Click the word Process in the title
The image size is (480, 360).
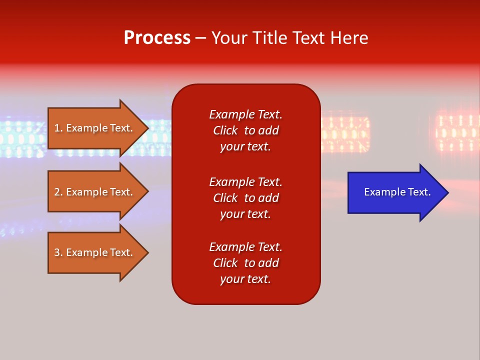click(157, 38)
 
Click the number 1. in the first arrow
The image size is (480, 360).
click(58, 128)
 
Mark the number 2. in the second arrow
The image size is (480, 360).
click(58, 192)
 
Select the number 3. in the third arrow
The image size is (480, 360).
click(58, 252)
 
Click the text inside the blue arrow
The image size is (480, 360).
click(397, 192)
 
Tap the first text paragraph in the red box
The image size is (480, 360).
click(245, 130)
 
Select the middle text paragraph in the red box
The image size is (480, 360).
click(245, 198)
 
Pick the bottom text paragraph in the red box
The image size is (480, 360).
click(245, 263)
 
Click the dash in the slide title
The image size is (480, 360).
click(200, 38)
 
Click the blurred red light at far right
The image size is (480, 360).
click(457, 132)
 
